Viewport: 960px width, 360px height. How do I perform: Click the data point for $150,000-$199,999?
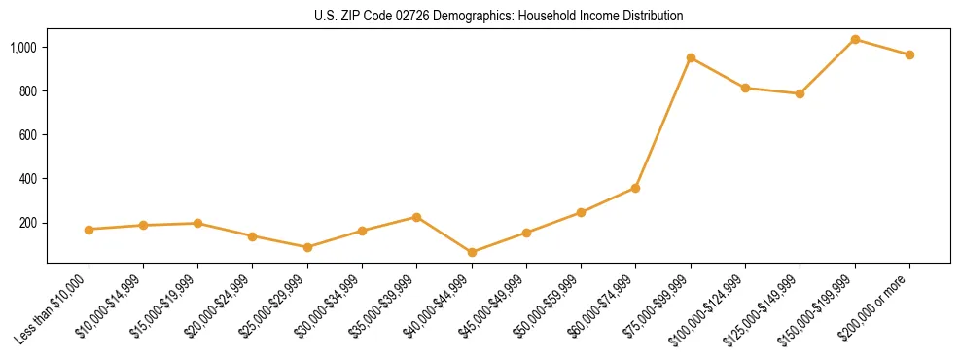pos(855,39)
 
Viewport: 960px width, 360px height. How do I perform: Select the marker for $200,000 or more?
pos(909,54)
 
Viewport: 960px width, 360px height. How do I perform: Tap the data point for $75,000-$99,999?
pos(691,57)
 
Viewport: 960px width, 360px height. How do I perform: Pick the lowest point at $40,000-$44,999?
pos(472,252)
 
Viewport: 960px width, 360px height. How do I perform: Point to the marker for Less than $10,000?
pos(89,230)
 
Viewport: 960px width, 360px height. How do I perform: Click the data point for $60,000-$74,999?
pos(636,188)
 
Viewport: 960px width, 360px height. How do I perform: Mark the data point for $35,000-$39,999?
pos(416,217)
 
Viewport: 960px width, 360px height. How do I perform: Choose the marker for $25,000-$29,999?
pos(307,247)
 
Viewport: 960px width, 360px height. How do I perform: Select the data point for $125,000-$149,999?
pos(800,93)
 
